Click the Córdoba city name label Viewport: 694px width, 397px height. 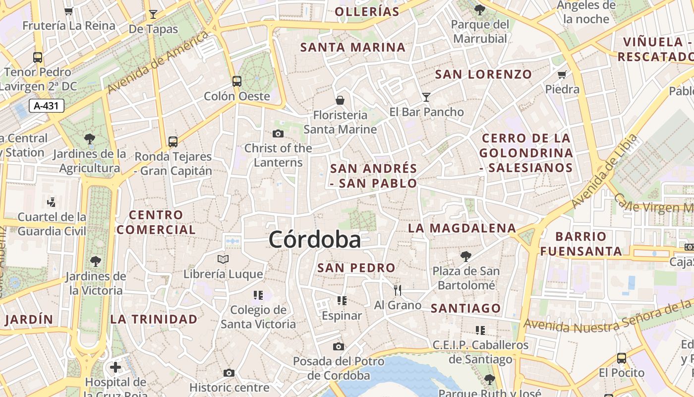(x=315, y=240)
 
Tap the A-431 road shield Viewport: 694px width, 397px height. (x=47, y=106)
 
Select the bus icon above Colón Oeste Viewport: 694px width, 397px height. (x=237, y=81)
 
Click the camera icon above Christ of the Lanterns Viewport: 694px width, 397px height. (x=278, y=133)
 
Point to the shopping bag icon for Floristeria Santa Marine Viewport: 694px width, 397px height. (x=340, y=100)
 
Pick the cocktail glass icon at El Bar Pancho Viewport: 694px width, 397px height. (x=426, y=97)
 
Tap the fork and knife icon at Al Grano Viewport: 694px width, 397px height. (x=397, y=290)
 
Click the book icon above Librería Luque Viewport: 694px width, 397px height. (x=223, y=259)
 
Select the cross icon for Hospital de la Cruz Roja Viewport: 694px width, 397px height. (x=116, y=367)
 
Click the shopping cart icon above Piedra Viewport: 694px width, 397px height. (x=562, y=75)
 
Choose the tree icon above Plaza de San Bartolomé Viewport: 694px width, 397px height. (x=465, y=256)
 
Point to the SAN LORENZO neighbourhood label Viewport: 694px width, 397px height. (x=483, y=74)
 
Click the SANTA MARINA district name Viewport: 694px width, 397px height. (x=353, y=48)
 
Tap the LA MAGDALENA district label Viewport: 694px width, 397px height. (x=462, y=228)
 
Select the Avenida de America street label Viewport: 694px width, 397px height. (x=158, y=62)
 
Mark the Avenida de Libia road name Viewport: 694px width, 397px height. (x=603, y=172)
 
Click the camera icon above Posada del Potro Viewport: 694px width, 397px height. (x=339, y=346)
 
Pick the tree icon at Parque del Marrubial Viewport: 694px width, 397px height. (x=479, y=9)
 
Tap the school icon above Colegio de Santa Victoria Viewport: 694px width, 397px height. (x=258, y=295)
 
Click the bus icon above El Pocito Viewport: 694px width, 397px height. (x=621, y=358)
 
